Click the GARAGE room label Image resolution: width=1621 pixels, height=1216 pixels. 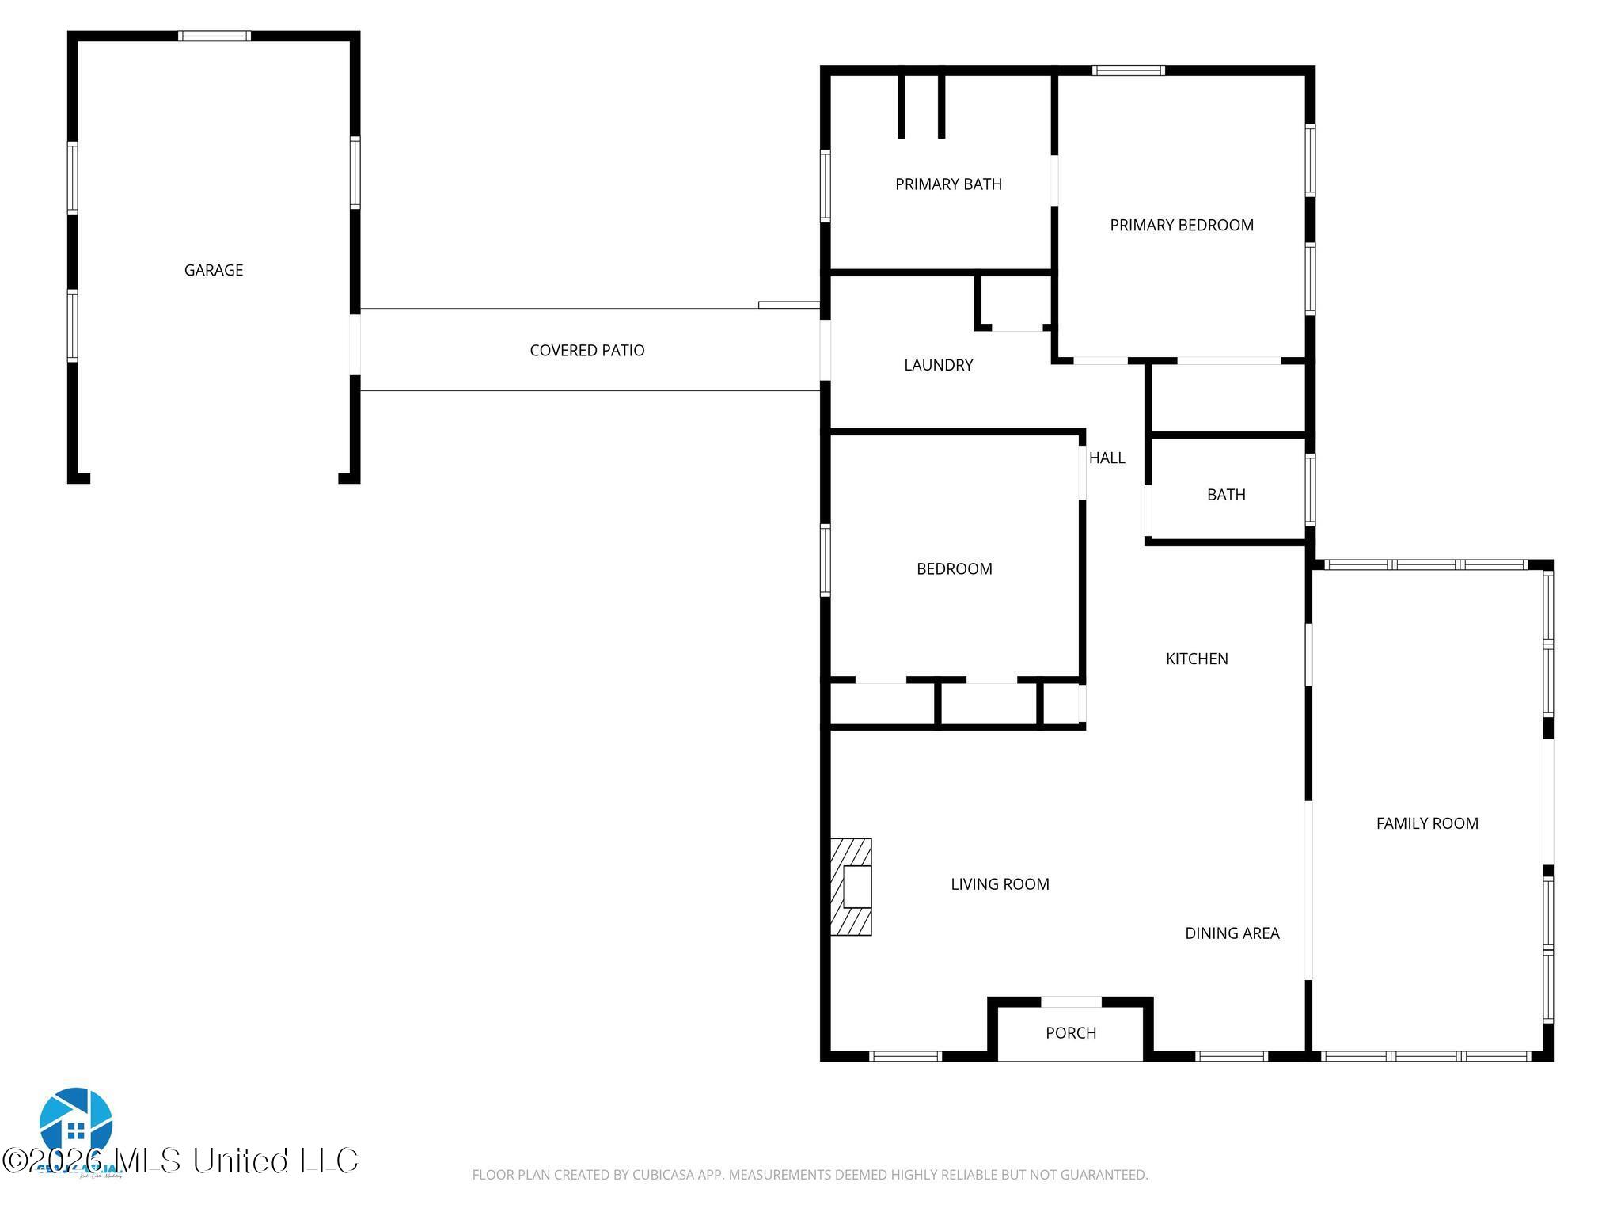(213, 270)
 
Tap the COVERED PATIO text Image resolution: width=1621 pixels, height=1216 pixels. (587, 350)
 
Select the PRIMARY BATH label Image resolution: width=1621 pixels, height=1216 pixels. (948, 184)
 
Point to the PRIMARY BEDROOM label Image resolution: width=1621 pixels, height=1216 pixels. (1181, 226)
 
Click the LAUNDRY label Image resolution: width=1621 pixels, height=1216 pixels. (938, 365)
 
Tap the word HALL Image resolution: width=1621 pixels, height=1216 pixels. (1107, 458)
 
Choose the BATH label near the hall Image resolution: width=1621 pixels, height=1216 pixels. (1225, 495)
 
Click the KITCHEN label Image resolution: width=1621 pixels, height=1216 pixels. (1196, 659)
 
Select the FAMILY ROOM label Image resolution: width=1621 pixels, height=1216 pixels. (1426, 823)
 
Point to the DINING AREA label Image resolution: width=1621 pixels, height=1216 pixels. (1232, 933)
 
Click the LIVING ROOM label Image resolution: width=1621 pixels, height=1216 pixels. (1000, 884)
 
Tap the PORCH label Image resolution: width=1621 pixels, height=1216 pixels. (1070, 1033)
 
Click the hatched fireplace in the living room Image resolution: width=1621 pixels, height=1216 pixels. (851, 887)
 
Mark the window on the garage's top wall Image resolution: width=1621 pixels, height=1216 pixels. (214, 36)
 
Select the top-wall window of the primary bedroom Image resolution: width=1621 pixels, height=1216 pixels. (1128, 70)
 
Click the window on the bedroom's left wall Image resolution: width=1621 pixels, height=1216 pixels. (825, 560)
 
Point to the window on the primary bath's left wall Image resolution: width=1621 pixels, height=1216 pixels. (825, 186)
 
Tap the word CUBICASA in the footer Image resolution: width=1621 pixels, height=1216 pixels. (663, 1175)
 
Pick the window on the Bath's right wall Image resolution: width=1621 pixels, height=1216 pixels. (1310, 490)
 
